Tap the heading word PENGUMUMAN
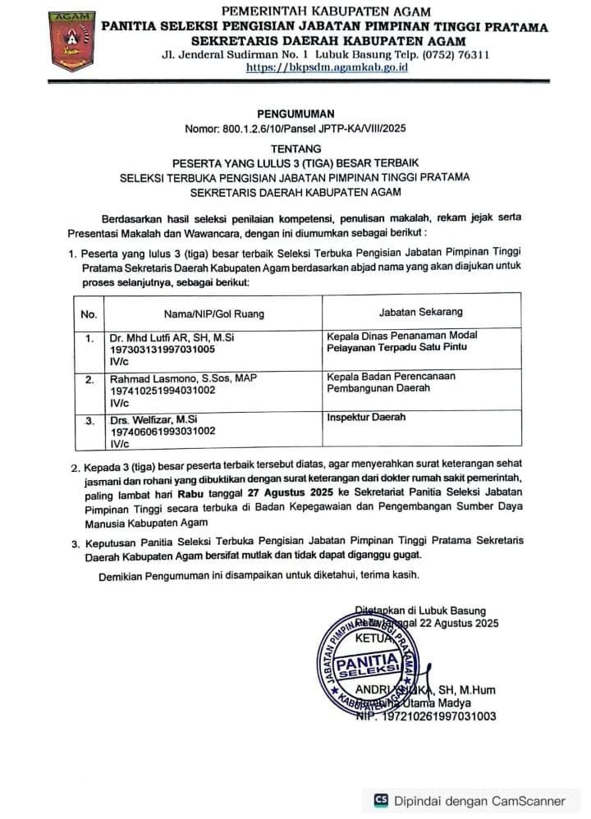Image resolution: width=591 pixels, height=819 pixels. click(x=295, y=114)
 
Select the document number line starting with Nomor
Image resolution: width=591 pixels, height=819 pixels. click(x=295, y=130)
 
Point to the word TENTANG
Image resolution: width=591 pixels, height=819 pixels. click(x=295, y=149)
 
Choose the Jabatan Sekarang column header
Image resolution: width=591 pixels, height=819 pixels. click(x=420, y=312)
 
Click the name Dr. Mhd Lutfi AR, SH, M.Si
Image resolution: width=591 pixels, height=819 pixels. click(x=172, y=337)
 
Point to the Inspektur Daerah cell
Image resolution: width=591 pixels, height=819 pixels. click(x=365, y=417)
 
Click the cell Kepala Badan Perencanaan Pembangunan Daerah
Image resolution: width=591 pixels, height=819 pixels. click(x=391, y=382)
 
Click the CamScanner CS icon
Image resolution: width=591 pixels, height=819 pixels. click(x=380, y=800)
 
